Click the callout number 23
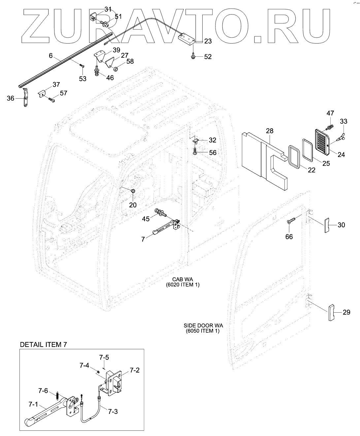coord(208,41)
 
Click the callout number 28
coord(270,131)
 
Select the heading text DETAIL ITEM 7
coord(44,345)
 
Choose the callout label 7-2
coord(134,370)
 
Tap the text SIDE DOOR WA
coord(201,325)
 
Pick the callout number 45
coord(146,219)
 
